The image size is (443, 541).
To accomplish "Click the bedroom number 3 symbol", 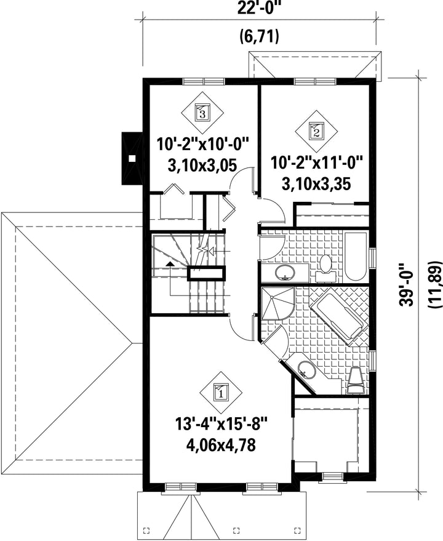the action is coord(202,112).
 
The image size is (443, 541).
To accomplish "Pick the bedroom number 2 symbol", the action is coord(316,132).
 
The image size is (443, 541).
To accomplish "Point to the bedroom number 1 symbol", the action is coord(221,392).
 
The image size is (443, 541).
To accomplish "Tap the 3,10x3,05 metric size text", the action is coord(202,166).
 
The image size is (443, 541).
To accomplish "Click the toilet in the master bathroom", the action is coord(356,380).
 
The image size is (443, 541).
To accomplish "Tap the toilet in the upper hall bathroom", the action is coord(325,269).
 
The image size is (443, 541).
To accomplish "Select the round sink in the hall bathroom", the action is coord(285,273).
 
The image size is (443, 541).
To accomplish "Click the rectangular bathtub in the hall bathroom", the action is coord(356,257).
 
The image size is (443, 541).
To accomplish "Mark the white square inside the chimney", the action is coord(132,158).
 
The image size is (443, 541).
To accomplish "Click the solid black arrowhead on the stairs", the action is coord(169,264).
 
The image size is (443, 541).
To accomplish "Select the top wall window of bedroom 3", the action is coord(204,81).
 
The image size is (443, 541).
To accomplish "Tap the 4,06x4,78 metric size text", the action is coord(221,445).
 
